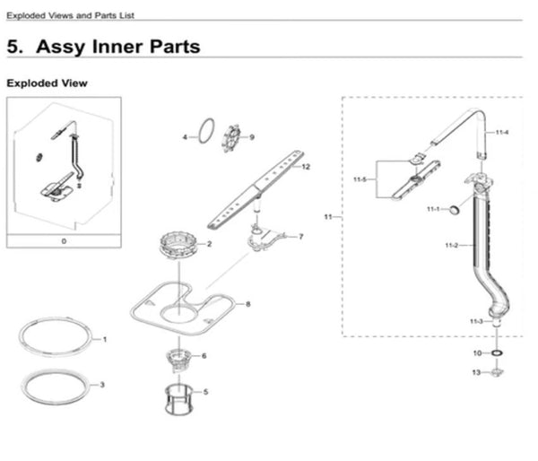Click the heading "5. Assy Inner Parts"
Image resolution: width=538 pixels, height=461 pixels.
click(103, 46)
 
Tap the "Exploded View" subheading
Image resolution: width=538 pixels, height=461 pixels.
click(47, 83)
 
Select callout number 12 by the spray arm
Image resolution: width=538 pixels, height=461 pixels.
click(307, 167)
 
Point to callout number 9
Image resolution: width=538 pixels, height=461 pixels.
click(253, 137)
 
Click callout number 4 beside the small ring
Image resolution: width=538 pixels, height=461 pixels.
click(185, 137)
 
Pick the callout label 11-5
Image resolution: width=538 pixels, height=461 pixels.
click(360, 180)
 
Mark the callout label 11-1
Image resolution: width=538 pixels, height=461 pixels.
click(433, 209)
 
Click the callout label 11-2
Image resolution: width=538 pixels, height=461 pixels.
click(451, 245)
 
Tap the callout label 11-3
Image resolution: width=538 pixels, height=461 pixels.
click(476, 321)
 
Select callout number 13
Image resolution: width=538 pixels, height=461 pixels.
click(476, 370)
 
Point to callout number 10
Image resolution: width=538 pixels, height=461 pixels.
click(477, 353)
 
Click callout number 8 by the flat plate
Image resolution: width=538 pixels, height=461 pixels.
click(247, 304)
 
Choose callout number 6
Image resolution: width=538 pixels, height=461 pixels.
click(204, 356)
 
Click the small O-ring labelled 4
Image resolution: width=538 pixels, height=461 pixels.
click(205, 133)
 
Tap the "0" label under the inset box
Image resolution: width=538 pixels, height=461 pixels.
click(63, 241)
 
